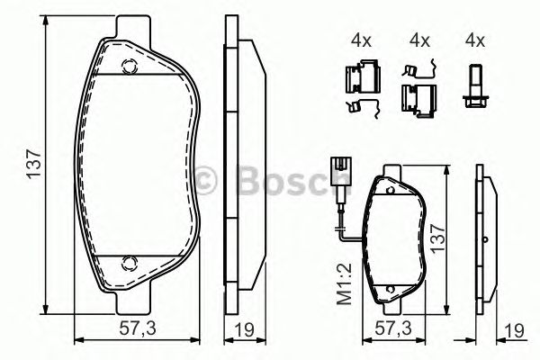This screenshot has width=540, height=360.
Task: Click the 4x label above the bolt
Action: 474,40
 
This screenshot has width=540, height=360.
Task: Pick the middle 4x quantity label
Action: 418,40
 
